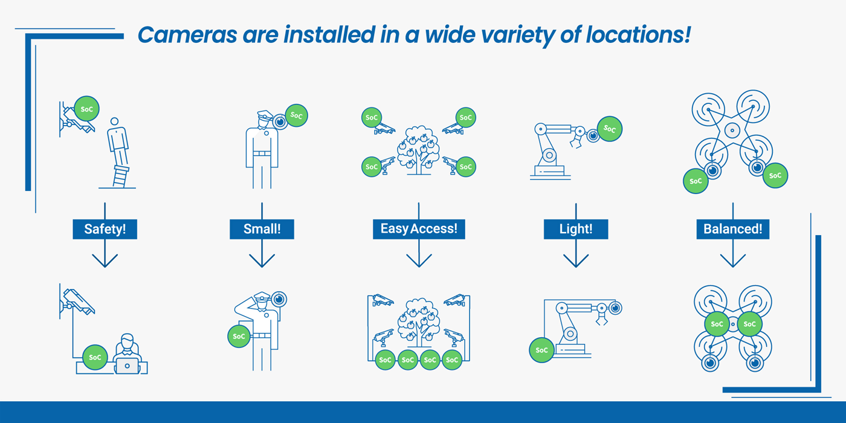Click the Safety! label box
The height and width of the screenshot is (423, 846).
105,229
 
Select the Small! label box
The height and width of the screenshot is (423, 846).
262,229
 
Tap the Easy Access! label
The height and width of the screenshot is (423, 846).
419,229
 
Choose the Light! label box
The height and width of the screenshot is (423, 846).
576,229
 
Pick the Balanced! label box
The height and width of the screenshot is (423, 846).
732,229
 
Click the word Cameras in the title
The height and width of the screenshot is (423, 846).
187,35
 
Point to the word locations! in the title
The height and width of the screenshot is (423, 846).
638,35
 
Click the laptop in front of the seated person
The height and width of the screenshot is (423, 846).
127,366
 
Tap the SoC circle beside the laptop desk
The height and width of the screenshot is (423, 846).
95,357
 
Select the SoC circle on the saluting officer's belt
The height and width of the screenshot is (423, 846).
239,336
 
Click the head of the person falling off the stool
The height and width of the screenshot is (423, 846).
114,121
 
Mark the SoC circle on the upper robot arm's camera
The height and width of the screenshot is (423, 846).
610,129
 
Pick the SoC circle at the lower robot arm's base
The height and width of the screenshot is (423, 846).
541,350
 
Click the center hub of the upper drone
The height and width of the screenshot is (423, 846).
732,131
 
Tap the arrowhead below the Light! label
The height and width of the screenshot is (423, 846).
576,261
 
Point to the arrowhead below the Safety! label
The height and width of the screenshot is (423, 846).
105,261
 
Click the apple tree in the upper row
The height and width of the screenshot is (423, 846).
418,150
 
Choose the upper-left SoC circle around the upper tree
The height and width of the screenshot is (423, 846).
372,117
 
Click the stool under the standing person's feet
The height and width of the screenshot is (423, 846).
120,176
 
